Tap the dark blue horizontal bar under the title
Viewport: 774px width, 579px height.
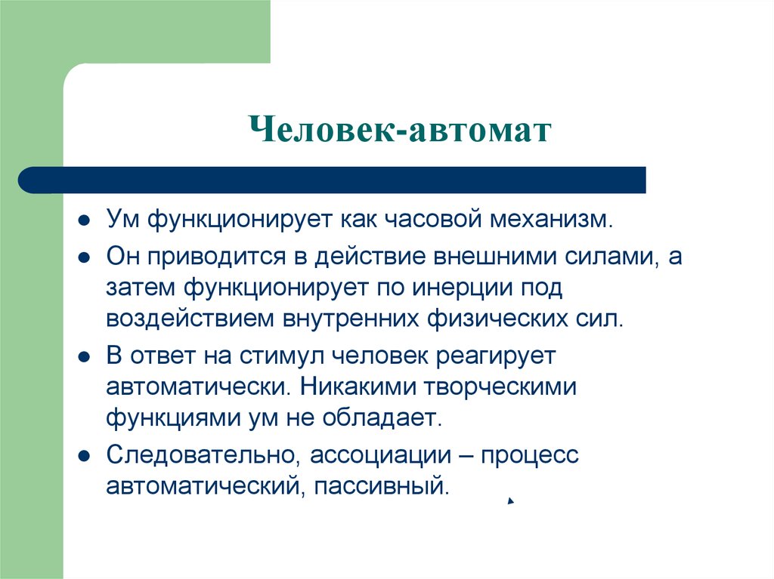tap(333, 180)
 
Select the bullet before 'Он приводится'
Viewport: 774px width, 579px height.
tap(85, 257)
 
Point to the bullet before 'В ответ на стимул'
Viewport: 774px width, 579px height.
tap(85, 356)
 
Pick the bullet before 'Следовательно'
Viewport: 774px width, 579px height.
tap(85, 455)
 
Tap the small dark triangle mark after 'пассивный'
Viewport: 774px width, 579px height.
tap(511, 500)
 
